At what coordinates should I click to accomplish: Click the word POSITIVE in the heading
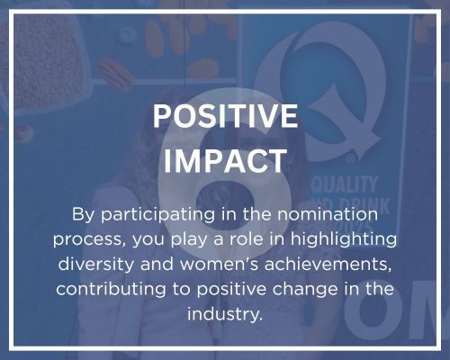[x=225, y=117]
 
